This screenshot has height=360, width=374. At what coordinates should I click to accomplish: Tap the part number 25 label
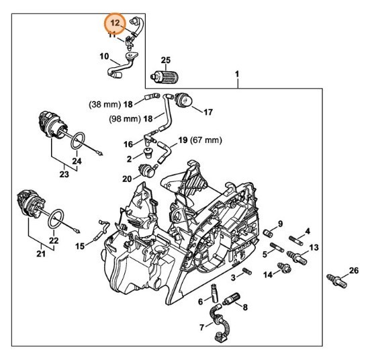pos(166,60)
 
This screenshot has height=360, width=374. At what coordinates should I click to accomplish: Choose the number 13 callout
pos(314,249)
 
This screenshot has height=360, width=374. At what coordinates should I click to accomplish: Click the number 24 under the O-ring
pos(75,161)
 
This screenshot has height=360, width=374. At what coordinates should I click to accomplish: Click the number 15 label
pos(80,246)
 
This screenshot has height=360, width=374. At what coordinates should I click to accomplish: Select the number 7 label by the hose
pos(202,327)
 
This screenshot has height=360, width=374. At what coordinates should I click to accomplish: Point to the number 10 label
pos(105,56)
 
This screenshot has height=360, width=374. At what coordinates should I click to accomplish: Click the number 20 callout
pos(127,179)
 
